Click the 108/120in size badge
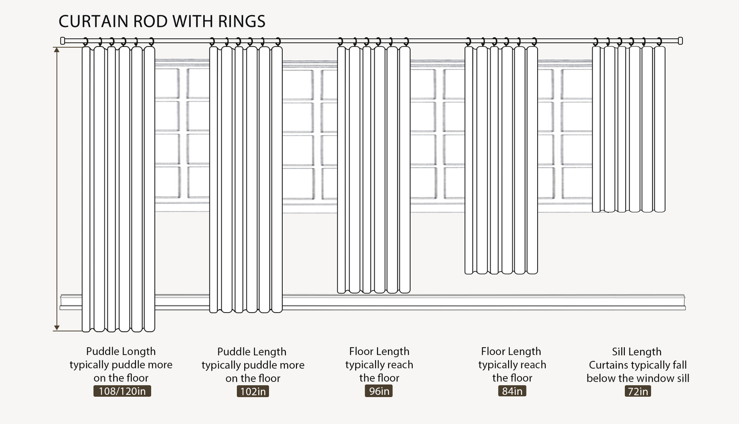(x=122, y=391)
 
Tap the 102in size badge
(x=253, y=392)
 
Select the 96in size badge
(x=379, y=391)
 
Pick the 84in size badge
(x=512, y=391)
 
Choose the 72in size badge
(x=638, y=392)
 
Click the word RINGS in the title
(x=242, y=21)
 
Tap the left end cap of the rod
(x=62, y=41)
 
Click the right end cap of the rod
(x=680, y=41)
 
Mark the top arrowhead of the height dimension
(x=56, y=50)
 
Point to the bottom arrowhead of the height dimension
(x=56, y=328)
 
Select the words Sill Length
(x=637, y=352)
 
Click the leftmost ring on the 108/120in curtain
(x=86, y=42)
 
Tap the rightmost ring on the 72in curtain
(x=659, y=42)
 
